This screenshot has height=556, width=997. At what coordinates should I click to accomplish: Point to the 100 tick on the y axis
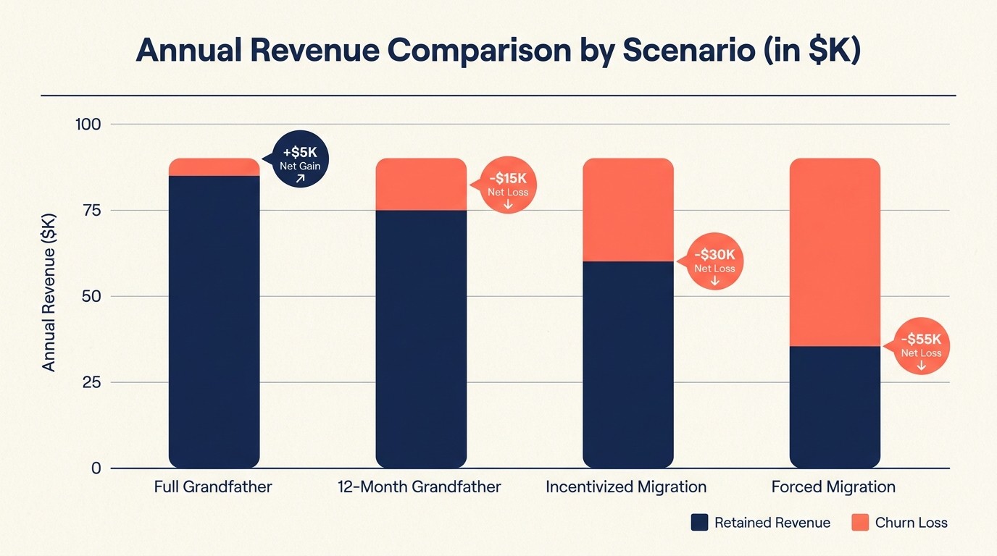pos(88,124)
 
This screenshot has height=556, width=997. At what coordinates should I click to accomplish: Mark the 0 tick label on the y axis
pos(96,468)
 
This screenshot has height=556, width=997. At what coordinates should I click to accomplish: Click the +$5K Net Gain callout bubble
pos(299,161)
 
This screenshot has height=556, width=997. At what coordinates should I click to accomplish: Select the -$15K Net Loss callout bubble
pos(507,186)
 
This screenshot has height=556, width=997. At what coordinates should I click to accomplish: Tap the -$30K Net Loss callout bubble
pos(714,262)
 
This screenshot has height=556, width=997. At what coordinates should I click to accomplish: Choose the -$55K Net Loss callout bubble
pos(921,347)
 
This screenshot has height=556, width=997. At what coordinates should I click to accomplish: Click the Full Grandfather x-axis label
pos(213,486)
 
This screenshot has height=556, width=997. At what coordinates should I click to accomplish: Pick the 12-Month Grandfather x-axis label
pos(419,486)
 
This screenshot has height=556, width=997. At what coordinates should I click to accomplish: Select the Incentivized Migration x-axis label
pos(626,486)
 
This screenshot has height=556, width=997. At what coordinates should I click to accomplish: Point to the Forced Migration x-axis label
pos(833,486)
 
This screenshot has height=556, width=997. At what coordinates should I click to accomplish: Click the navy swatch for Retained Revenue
pos(699,523)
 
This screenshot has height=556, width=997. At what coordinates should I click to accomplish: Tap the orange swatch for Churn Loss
pos(860,523)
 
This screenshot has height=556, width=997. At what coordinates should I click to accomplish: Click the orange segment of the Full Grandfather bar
pos(214,167)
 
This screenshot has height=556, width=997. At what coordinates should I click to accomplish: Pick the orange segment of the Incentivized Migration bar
pos(628,210)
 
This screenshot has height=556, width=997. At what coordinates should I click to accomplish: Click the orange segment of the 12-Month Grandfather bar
pos(421,185)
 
